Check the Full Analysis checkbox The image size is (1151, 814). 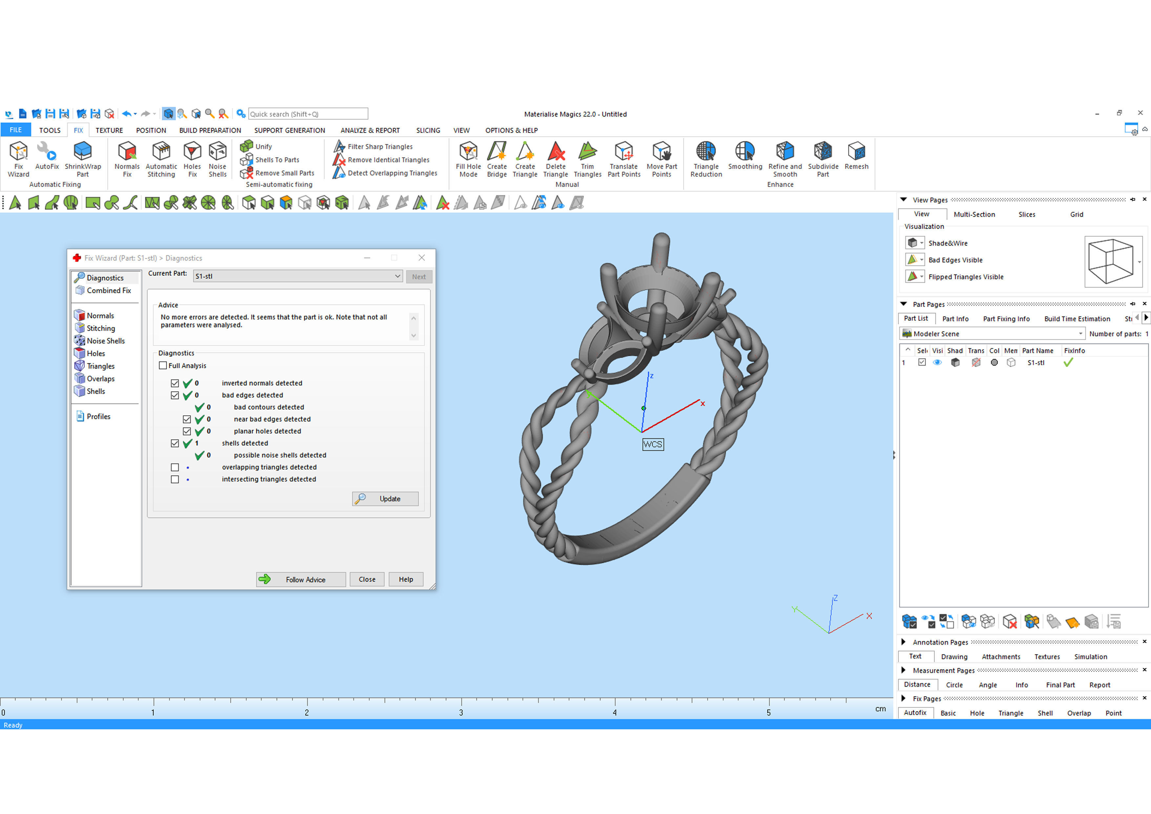click(x=163, y=366)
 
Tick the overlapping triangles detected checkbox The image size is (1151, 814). click(x=175, y=467)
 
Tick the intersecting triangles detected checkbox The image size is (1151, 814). click(x=175, y=480)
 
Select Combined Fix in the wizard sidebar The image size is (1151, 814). click(x=108, y=290)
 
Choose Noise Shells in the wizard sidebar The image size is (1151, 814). click(x=105, y=341)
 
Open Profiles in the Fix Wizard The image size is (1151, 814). click(x=98, y=416)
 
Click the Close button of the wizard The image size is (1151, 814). click(x=366, y=579)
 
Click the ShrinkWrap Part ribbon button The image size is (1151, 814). click(x=83, y=159)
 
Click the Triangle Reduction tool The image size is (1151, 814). click(x=706, y=159)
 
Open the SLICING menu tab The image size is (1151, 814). click(x=428, y=130)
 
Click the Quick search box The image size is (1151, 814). click(x=308, y=114)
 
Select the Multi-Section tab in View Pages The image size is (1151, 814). click(x=974, y=215)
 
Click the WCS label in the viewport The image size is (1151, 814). click(x=653, y=444)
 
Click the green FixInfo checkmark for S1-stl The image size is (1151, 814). click(x=1068, y=363)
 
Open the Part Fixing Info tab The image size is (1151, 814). click(x=1006, y=319)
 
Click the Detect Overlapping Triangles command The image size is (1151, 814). click(x=392, y=173)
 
